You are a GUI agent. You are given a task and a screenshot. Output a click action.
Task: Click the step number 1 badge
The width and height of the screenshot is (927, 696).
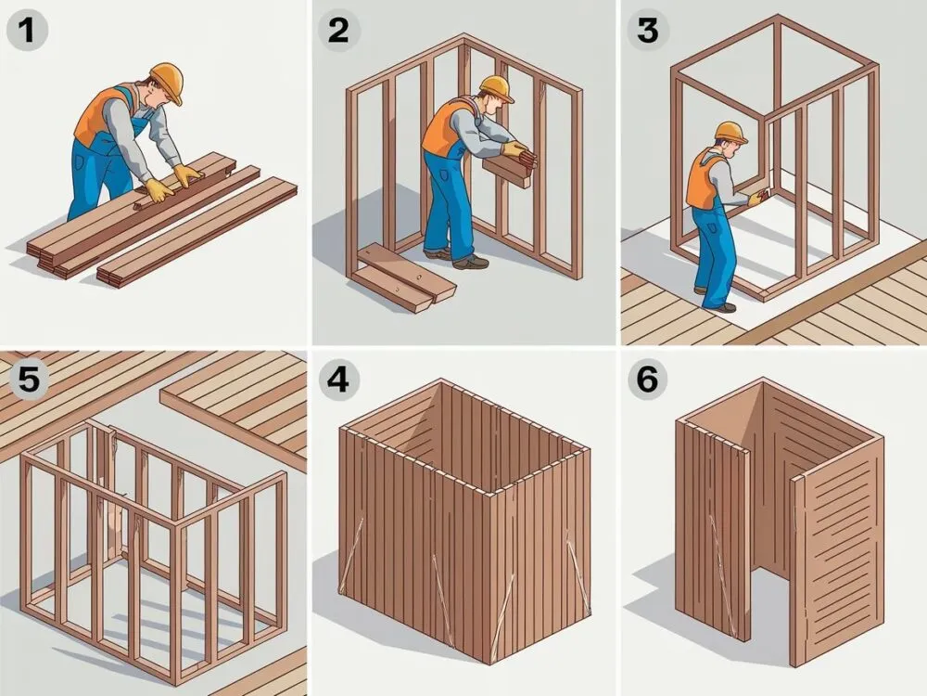27,30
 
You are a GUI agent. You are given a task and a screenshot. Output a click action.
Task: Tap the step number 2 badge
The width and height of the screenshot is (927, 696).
337,30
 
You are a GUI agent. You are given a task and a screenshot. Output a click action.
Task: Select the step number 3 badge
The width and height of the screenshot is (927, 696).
648,30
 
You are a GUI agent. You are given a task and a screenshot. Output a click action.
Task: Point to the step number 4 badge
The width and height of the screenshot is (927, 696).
337,379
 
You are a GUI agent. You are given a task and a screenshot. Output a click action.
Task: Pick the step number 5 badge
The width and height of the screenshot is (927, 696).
27,379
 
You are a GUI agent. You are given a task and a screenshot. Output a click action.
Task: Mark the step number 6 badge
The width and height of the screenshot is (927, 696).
648,379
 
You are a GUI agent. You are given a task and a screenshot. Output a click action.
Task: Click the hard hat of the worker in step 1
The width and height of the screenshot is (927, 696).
167,80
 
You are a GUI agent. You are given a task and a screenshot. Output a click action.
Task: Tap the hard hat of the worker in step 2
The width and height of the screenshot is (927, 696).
495,87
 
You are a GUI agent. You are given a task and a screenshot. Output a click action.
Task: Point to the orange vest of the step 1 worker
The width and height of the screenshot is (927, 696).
100,115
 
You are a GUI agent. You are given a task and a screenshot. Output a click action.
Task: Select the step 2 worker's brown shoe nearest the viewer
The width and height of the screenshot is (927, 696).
471,262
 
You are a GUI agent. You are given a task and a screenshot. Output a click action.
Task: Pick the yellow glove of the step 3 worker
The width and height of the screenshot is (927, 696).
756,200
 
